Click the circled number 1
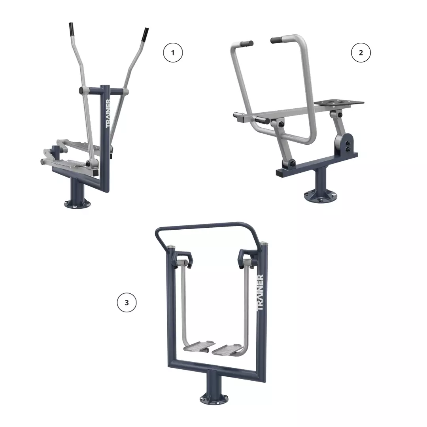173,53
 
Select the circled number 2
361,53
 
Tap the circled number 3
127,302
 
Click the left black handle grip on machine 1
71,29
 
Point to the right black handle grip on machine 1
145,34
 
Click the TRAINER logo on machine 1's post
108,113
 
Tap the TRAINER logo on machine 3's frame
260,293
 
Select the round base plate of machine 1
77,204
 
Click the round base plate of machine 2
320,196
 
